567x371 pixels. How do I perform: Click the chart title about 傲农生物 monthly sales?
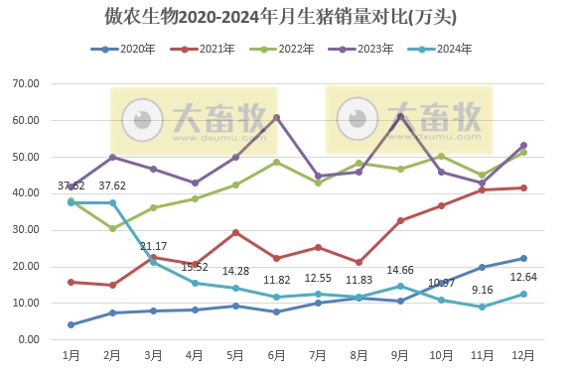(283, 17)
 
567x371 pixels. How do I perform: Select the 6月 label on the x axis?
(276, 354)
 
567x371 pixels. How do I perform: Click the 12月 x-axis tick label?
(522, 354)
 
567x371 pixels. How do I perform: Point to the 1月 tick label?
(71, 354)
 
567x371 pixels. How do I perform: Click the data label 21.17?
(153, 246)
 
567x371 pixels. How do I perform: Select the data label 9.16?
(482, 290)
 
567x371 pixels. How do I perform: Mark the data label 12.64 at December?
(522, 277)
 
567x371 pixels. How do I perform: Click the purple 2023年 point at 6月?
(276, 117)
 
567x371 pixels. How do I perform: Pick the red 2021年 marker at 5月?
(235, 232)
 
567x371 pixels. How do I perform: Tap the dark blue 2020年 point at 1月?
(71, 324)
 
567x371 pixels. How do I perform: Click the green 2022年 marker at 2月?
(112, 228)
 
